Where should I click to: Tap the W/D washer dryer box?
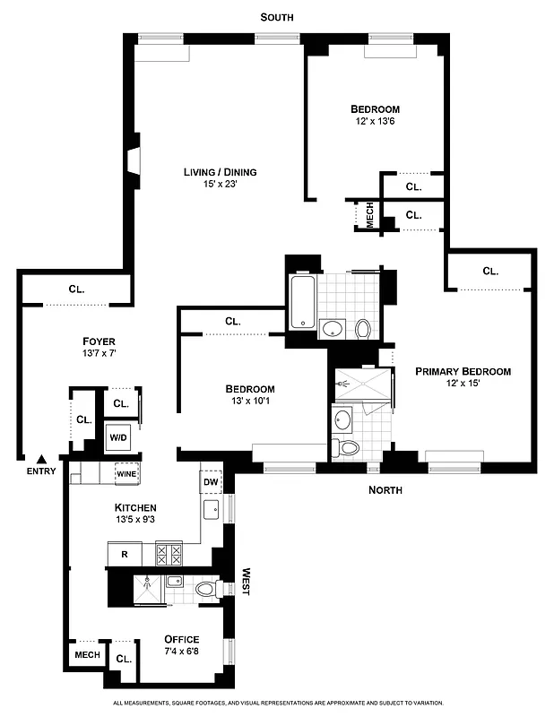click(118, 437)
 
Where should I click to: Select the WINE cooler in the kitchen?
click(125, 472)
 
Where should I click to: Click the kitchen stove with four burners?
click(169, 553)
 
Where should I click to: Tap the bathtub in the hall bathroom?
click(302, 306)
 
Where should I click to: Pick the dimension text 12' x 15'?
click(462, 384)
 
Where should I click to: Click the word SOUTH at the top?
click(276, 17)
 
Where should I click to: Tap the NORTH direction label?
click(385, 490)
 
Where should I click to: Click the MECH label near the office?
click(87, 655)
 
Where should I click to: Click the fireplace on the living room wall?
click(132, 160)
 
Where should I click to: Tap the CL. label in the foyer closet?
click(76, 289)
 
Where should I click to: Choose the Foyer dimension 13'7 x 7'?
click(99, 354)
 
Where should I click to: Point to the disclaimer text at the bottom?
click(277, 704)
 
